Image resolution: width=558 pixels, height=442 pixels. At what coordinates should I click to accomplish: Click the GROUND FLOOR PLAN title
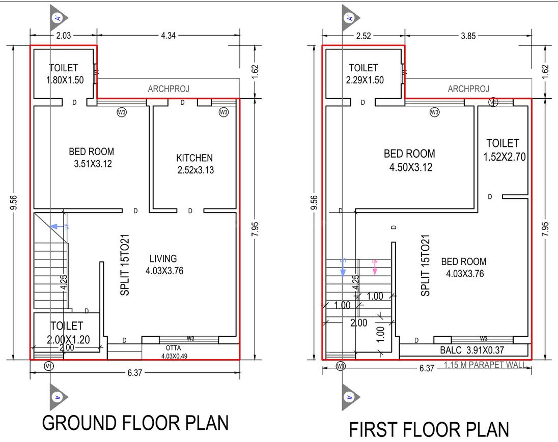[135, 423]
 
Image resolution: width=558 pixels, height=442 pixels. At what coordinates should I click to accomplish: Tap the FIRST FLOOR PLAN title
[429, 429]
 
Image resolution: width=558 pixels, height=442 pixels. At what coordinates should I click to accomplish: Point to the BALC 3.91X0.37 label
[463, 350]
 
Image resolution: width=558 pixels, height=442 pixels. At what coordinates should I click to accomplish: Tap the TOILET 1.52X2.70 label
[503, 150]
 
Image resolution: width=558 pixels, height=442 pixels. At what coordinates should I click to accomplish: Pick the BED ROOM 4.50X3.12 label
[409, 160]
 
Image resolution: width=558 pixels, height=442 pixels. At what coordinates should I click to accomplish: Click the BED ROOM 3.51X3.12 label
[92, 157]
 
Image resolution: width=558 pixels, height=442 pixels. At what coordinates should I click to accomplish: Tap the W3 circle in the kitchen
[224, 112]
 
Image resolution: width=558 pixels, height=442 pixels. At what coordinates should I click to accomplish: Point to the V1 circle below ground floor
[49, 366]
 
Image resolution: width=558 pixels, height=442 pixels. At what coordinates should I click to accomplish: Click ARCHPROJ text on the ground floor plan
[169, 89]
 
